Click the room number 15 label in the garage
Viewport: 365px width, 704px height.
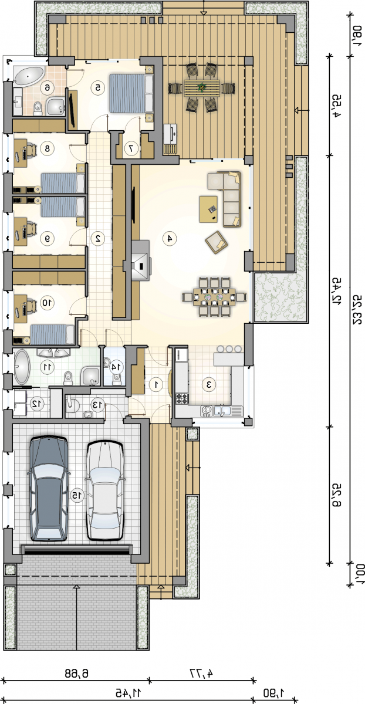tap(77, 496)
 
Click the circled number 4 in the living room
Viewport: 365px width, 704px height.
tap(170, 239)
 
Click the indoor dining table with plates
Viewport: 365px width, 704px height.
tap(214, 297)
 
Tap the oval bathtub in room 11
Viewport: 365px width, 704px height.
tap(21, 367)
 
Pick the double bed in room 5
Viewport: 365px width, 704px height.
tap(131, 93)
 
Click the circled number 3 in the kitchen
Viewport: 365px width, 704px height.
tap(209, 384)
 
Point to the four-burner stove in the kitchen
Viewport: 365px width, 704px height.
tap(182, 398)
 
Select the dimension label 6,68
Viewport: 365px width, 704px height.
tap(77, 673)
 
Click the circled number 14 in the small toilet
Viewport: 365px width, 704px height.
tap(116, 367)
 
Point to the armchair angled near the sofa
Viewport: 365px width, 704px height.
tap(217, 242)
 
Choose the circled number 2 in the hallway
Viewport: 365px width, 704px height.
tap(98, 238)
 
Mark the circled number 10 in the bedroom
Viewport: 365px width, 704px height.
tap(47, 303)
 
